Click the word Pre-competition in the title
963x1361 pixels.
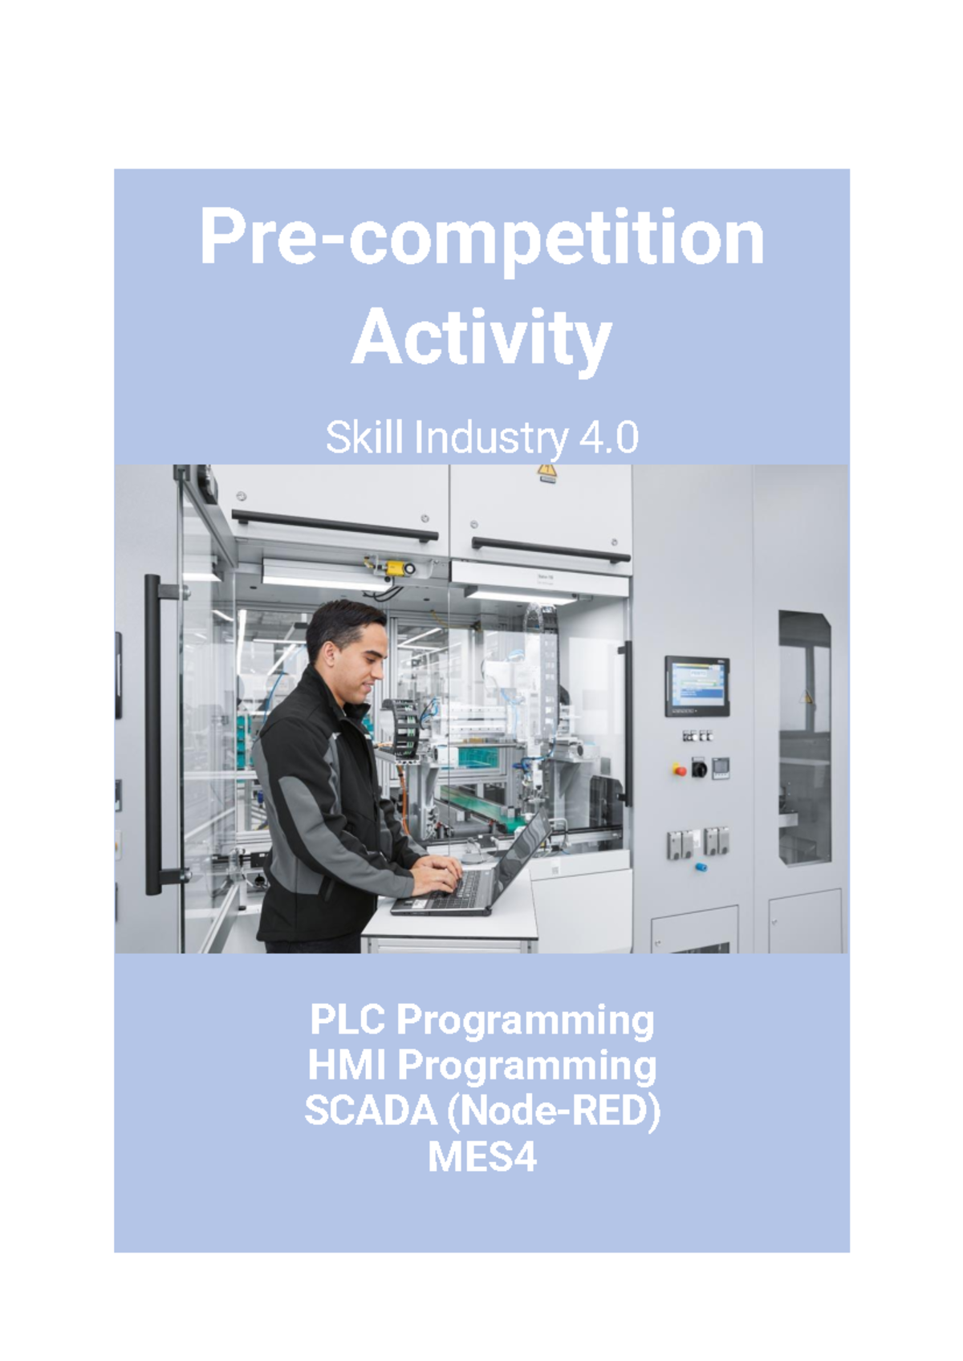(x=481, y=238)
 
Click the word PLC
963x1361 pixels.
(x=349, y=1021)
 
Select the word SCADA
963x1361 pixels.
(x=370, y=1111)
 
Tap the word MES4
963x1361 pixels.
(x=481, y=1157)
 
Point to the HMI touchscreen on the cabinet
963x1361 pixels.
(x=697, y=685)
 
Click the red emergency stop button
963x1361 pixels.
(x=680, y=770)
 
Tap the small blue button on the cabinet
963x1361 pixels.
(x=700, y=867)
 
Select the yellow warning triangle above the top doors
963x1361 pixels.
(x=547, y=472)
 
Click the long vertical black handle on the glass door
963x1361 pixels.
(x=152, y=734)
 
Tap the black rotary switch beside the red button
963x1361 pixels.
(x=699, y=768)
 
